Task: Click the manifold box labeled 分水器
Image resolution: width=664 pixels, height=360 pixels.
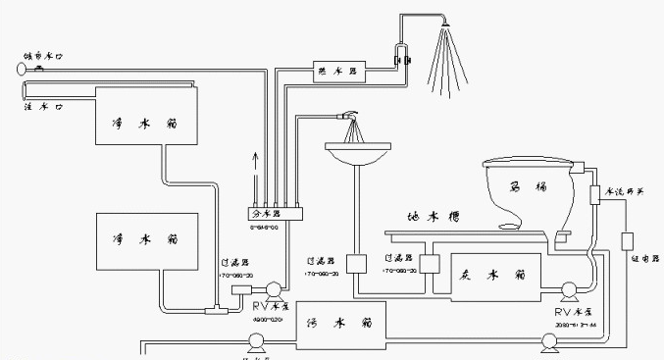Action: [276, 213]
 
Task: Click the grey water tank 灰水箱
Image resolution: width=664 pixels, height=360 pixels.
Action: [492, 274]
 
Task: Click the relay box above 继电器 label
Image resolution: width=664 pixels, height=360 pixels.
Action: [628, 239]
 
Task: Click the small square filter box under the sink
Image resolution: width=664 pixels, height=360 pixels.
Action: [356, 265]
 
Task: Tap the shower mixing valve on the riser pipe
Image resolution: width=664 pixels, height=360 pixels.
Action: [399, 58]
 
